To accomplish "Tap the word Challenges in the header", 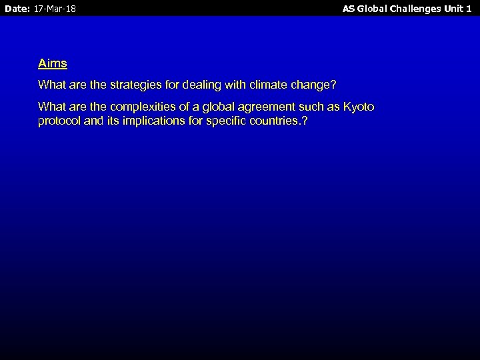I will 421,9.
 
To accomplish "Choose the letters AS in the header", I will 349,9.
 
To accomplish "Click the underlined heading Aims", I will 53,64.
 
